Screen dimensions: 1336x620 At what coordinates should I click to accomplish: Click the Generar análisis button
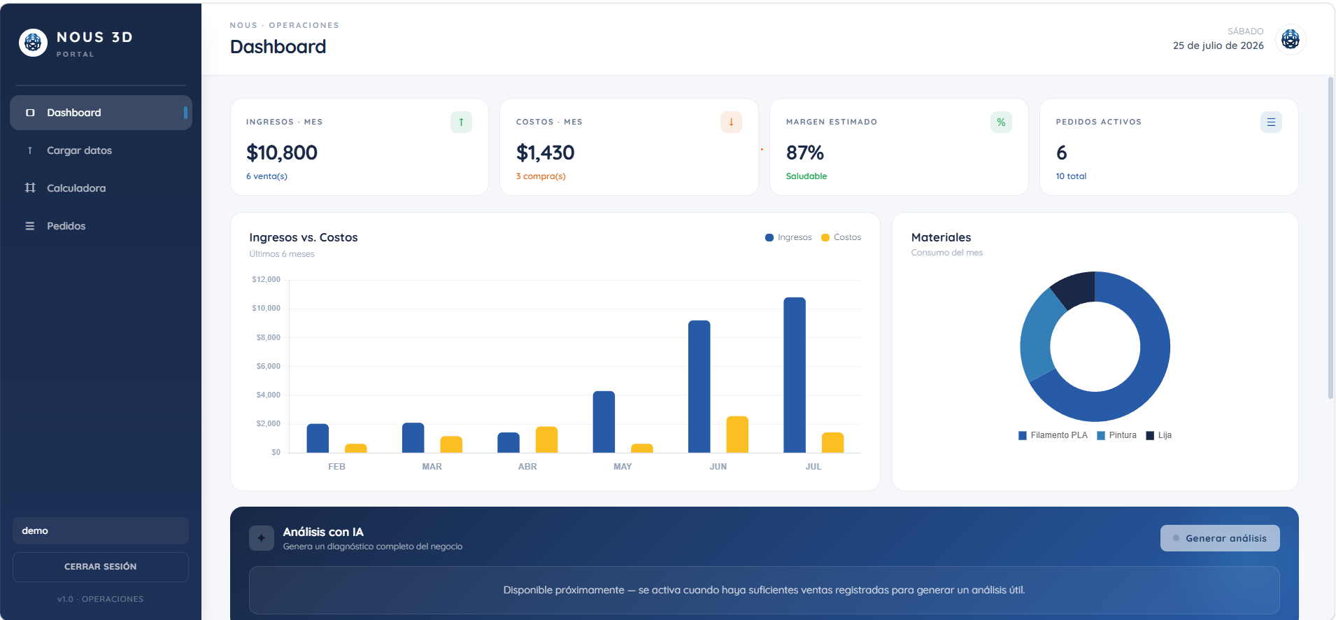click(x=1220, y=538)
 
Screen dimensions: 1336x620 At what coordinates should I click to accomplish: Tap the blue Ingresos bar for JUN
click(x=699, y=386)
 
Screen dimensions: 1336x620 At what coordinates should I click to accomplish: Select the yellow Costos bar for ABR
click(x=546, y=439)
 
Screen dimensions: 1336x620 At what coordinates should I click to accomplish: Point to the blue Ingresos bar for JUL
click(x=795, y=375)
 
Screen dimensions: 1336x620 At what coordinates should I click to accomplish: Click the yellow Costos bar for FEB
click(x=356, y=449)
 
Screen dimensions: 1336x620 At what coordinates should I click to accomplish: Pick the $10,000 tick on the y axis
click(x=266, y=308)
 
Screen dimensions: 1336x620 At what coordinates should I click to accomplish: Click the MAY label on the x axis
click(x=623, y=467)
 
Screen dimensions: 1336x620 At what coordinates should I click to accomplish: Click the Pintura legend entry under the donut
click(x=1117, y=435)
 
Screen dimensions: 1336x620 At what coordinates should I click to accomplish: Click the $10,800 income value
click(x=282, y=153)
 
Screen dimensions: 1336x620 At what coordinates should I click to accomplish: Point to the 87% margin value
click(x=805, y=153)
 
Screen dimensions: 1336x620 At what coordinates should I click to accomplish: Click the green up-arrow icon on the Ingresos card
click(x=461, y=122)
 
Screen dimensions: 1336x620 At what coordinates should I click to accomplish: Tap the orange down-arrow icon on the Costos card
click(x=731, y=122)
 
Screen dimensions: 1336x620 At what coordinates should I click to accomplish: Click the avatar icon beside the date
click(x=1291, y=39)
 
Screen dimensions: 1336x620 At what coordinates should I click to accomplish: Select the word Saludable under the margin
click(x=806, y=176)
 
